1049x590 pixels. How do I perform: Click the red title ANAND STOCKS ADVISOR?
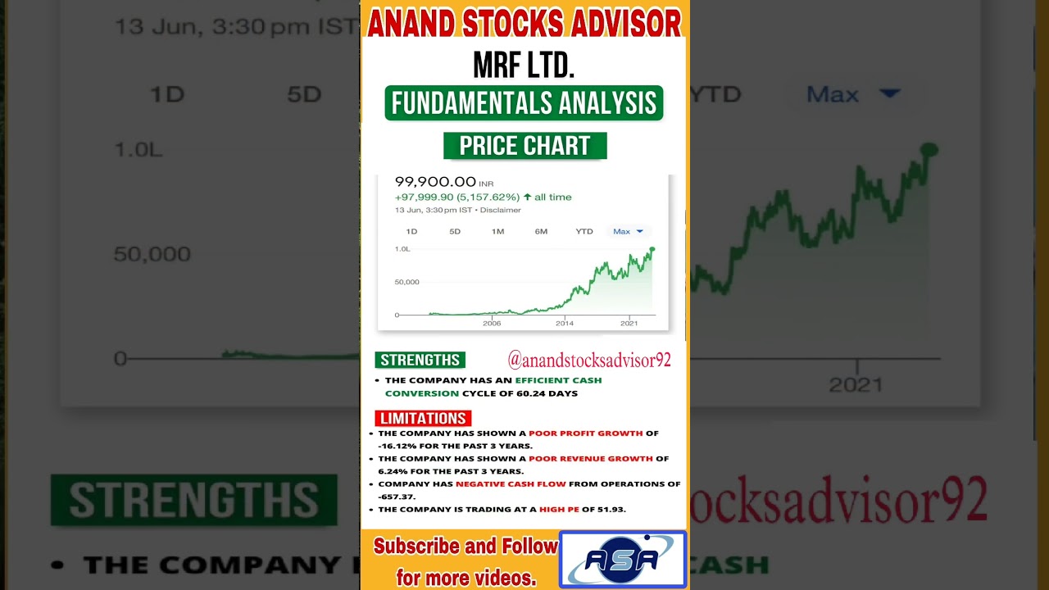click(524, 23)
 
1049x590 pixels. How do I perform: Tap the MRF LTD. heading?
click(524, 66)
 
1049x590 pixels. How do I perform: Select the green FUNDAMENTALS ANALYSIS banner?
click(524, 103)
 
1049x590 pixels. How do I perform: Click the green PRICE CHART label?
click(524, 146)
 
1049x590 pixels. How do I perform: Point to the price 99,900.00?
click(435, 182)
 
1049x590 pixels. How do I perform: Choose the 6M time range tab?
click(541, 232)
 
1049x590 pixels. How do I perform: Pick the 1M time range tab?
click(497, 232)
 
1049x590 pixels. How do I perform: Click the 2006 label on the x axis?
click(492, 324)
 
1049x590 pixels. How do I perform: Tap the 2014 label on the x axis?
click(565, 324)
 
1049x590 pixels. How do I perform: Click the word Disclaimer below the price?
click(501, 210)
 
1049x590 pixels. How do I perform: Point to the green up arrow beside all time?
click(527, 197)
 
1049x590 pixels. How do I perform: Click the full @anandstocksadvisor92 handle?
click(589, 360)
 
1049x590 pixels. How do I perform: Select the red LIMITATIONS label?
click(423, 419)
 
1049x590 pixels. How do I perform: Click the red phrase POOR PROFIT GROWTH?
click(585, 433)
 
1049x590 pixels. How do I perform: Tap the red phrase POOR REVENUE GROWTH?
click(591, 458)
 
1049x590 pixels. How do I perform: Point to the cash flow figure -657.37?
click(397, 497)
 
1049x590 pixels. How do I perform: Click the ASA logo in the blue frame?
click(622, 559)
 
